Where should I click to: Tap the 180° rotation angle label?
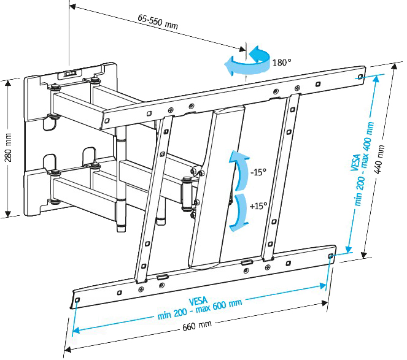(x=282, y=62)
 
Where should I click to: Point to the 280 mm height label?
(x=9, y=149)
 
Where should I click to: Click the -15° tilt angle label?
(x=258, y=172)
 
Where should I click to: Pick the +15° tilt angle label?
(x=258, y=206)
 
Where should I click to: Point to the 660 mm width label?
(x=197, y=324)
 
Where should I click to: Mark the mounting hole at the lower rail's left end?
(x=77, y=299)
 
